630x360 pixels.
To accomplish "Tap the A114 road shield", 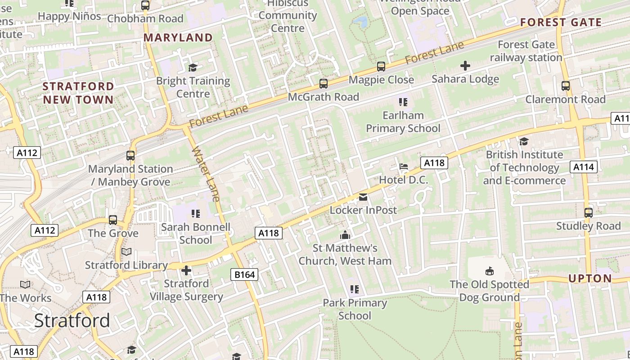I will [584, 167].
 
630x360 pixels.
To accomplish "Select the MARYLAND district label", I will [178, 38].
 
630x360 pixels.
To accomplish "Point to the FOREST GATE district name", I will [561, 22].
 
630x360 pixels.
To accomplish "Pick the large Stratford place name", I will [72, 320].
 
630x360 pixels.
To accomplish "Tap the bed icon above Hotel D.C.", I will [403, 166].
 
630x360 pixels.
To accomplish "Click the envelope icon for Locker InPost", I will [363, 197].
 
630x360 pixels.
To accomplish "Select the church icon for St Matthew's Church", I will [345, 235].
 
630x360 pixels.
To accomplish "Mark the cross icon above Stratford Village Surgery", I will [186, 270].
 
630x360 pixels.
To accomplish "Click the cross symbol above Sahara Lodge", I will [465, 66].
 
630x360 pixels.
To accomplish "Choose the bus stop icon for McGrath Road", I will [323, 84].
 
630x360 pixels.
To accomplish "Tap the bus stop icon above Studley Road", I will [588, 212].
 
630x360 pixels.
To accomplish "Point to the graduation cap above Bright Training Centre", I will [193, 67].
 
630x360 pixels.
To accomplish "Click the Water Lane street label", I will [207, 174].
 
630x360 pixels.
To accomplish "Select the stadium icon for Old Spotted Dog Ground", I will [489, 271].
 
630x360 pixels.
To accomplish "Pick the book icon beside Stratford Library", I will [126, 252].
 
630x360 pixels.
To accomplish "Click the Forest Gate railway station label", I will [526, 51].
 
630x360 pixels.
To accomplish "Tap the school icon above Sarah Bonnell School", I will [195, 213].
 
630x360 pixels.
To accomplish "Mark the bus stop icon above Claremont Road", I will [566, 86].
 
